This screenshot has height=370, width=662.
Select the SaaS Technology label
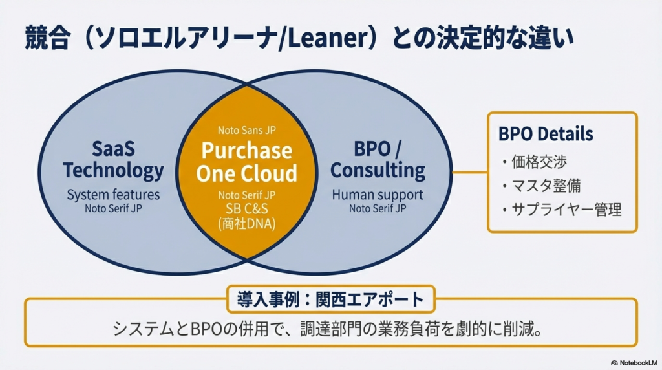pyautogui.click(x=113, y=160)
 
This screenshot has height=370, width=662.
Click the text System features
pyautogui.click(x=113, y=194)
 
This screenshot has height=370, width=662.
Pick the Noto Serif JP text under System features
pyautogui.click(x=113, y=208)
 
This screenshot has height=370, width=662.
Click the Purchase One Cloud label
pyautogui.click(x=246, y=162)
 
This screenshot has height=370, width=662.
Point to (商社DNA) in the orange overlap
pyautogui.click(x=246, y=224)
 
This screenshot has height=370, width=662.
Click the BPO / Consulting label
pyautogui.click(x=378, y=160)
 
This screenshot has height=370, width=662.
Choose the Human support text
pyautogui.click(x=378, y=194)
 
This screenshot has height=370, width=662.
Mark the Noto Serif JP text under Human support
pyautogui.click(x=378, y=208)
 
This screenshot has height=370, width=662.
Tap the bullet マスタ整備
pyautogui.click(x=541, y=186)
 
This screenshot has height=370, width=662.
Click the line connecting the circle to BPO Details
pyautogui.click(x=469, y=173)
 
